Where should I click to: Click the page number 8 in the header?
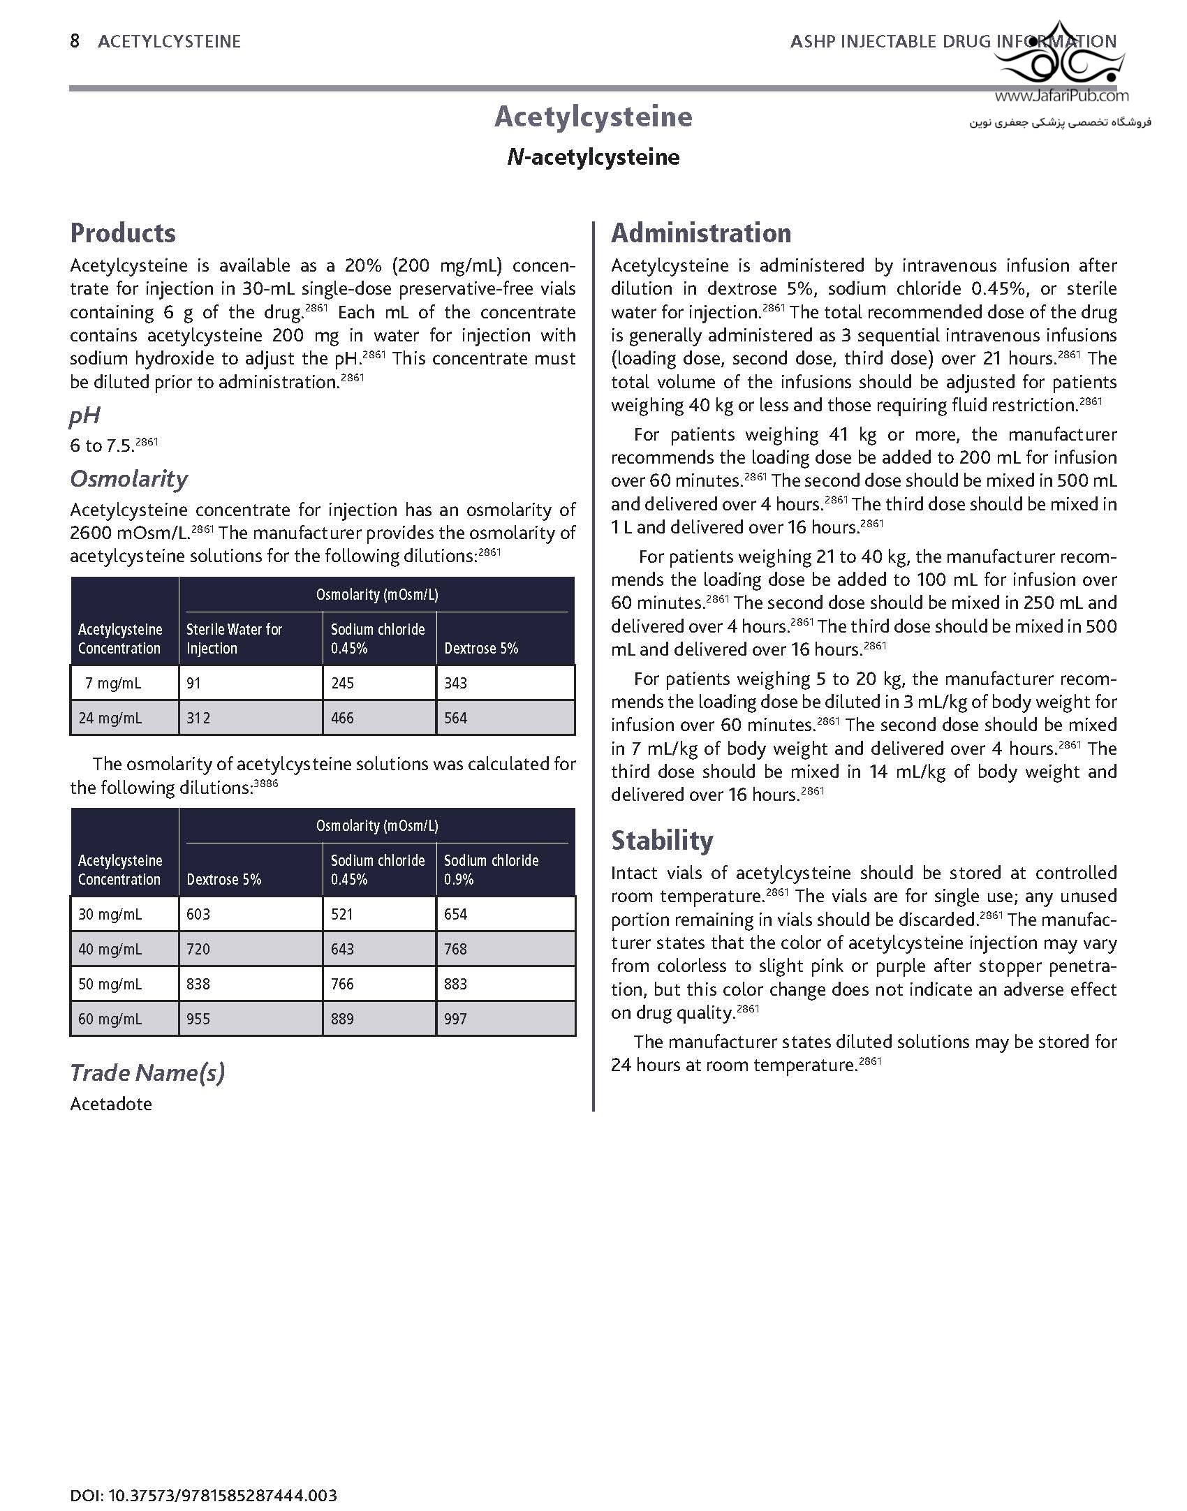coord(75,41)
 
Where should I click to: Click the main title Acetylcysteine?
coord(593,117)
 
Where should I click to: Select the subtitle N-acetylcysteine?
coord(593,157)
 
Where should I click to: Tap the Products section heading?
coord(123,233)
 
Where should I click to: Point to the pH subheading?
coord(84,416)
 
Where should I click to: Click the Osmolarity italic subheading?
coord(128,479)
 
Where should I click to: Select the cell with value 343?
coord(455,683)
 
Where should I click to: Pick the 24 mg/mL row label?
coord(110,718)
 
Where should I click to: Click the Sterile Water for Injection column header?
coord(234,638)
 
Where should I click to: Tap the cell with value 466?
coord(342,718)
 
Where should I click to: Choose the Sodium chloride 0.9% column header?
coord(491,869)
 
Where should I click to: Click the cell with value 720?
coord(198,949)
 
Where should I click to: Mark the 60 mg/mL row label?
coord(110,1019)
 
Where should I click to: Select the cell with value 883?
coord(455,984)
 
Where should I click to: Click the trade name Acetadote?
coord(111,1104)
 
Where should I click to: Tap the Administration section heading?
coord(701,233)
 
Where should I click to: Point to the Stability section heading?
coord(661,840)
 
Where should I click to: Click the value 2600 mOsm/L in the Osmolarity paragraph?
coord(130,533)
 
